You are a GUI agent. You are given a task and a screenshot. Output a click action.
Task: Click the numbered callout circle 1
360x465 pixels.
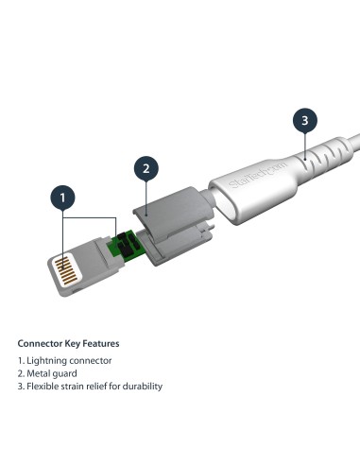click(x=62, y=198)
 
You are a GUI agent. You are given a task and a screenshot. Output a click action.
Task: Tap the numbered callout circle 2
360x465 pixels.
click(x=145, y=169)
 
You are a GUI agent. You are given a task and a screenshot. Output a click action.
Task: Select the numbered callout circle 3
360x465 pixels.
click(x=303, y=120)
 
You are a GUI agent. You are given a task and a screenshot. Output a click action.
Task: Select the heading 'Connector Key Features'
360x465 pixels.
click(x=68, y=342)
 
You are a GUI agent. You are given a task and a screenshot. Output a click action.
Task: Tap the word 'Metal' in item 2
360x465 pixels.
click(x=43, y=373)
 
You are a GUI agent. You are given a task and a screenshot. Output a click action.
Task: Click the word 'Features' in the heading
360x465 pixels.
click(x=100, y=342)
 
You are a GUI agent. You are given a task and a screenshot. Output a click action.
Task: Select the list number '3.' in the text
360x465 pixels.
click(x=22, y=386)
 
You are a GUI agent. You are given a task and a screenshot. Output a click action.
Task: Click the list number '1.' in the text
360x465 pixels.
click(x=22, y=361)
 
